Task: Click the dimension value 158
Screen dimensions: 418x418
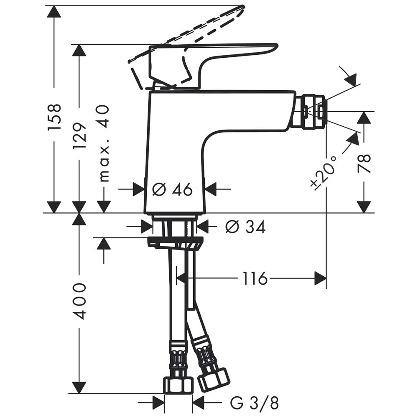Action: point(54,117)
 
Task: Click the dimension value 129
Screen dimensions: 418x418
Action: point(79,136)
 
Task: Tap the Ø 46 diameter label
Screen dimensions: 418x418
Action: point(172,190)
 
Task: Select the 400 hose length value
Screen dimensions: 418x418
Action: point(79,301)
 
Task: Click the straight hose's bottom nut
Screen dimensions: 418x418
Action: point(178,384)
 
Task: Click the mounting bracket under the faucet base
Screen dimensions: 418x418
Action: point(176,242)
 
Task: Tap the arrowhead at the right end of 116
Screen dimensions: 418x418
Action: point(320,278)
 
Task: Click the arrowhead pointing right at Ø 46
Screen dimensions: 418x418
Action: point(138,190)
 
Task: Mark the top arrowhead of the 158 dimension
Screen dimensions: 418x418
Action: point(54,12)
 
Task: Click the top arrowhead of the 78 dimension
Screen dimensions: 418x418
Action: point(364,117)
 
